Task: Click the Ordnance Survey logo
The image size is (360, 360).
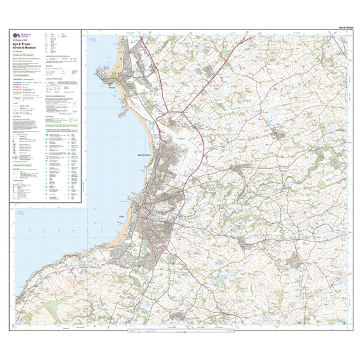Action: (x=19, y=36)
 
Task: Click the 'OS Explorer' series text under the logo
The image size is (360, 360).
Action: (x=22, y=43)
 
